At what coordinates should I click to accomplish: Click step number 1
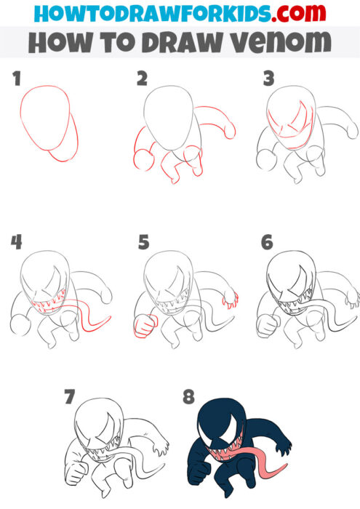[x=17, y=79]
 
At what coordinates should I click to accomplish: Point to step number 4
[x=17, y=243]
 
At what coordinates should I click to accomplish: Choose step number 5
[x=143, y=243]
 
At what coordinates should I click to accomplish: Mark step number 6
[x=268, y=243]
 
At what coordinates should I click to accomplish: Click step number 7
[x=69, y=397]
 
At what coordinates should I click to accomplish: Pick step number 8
[x=189, y=397]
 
